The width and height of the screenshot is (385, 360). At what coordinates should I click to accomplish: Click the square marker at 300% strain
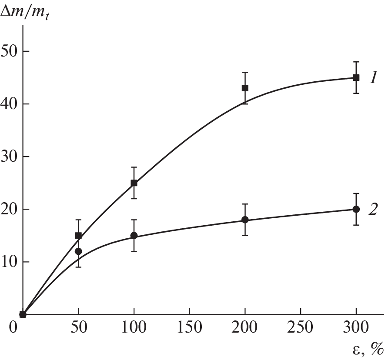point(356,78)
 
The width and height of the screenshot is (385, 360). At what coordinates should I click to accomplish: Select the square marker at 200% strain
point(245,88)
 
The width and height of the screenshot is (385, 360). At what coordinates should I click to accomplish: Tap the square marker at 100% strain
point(134,183)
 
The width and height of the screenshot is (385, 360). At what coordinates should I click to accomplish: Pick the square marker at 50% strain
point(78,236)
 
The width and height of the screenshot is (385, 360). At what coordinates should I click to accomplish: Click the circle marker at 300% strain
point(356,209)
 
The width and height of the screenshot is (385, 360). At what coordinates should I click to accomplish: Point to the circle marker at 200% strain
point(245,220)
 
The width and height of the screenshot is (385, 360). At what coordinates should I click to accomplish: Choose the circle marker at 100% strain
point(134,236)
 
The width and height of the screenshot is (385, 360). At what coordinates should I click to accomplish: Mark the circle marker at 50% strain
point(78,251)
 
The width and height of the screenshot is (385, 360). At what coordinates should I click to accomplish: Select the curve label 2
point(373,210)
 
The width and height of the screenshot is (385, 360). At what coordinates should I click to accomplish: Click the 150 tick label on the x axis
point(189,327)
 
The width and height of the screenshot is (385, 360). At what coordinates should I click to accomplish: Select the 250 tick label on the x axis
point(300,327)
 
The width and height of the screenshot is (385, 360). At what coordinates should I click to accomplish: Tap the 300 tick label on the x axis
point(356,327)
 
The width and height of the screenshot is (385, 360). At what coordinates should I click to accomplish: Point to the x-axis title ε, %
point(368,348)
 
